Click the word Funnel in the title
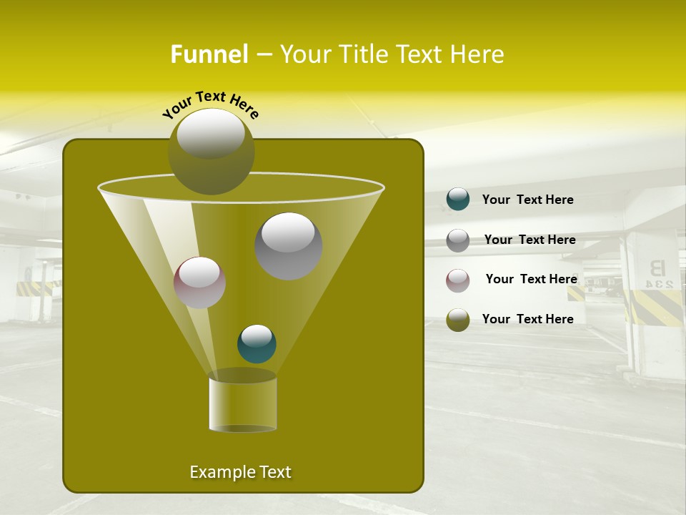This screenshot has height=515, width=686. (209, 54)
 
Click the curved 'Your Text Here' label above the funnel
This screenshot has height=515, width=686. (211, 105)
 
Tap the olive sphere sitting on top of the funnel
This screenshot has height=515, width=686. (211, 151)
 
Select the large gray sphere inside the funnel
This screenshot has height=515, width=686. (288, 245)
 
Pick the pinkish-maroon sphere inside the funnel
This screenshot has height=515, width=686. (199, 282)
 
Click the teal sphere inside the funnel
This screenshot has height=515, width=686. (257, 343)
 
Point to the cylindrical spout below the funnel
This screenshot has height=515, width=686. (242, 404)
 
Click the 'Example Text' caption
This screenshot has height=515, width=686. (240, 472)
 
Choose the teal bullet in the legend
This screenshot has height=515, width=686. (458, 199)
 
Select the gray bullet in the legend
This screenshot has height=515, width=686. (458, 240)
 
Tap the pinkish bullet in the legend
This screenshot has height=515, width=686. (458, 280)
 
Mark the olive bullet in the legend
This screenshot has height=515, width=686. (458, 319)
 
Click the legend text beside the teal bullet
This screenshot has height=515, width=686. (527, 200)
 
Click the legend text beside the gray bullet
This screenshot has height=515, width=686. (530, 240)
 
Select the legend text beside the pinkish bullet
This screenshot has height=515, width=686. (531, 279)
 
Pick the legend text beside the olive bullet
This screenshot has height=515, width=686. (527, 319)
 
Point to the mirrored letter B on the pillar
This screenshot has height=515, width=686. (656, 268)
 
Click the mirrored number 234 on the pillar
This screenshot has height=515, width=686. (659, 284)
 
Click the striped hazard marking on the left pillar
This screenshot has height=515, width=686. (34, 288)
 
